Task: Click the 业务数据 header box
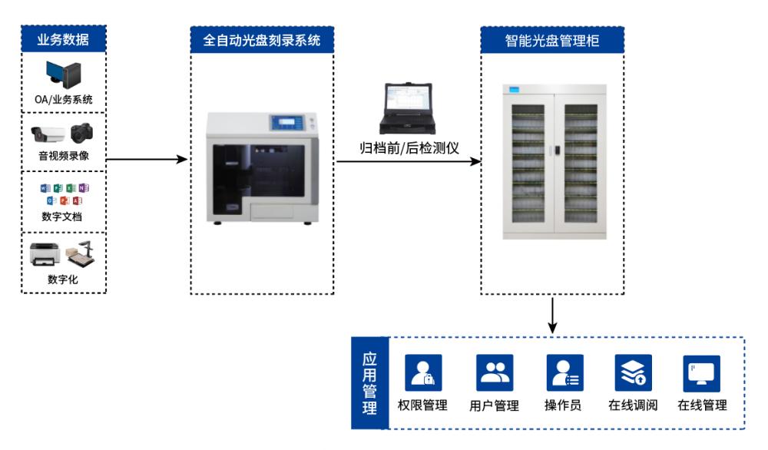[x=64, y=38]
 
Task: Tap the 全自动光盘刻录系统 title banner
[x=262, y=40]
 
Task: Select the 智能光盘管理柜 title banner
[x=552, y=40]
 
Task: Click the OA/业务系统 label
[x=63, y=99]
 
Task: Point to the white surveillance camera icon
[x=48, y=133]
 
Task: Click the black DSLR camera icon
[x=81, y=132]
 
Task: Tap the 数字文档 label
[x=61, y=217]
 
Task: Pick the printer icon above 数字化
[x=45, y=254]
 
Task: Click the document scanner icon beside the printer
[x=81, y=253]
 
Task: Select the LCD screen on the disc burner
[x=286, y=122]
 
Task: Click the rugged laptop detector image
[x=408, y=108]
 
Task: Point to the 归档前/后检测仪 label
[x=409, y=148]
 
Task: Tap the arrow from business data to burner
[x=147, y=159]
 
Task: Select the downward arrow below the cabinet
[x=552, y=316]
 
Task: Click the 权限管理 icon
[x=423, y=372]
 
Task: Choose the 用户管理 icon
[x=495, y=372]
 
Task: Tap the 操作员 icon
[x=564, y=372]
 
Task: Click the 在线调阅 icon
[x=633, y=372]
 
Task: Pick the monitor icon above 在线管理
[x=701, y=374]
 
